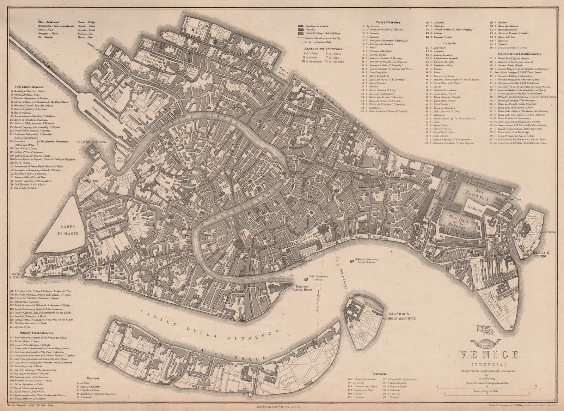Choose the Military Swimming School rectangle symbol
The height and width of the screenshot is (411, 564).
pyautogui.click(x=352, y=260)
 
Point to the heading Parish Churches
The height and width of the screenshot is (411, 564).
pyautogui.click(x=383, y=22)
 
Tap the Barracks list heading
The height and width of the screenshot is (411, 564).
pyautogui.click(x=379, y=373)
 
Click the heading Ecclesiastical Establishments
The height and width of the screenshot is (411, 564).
pyautogui.click(x=519, y=54)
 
